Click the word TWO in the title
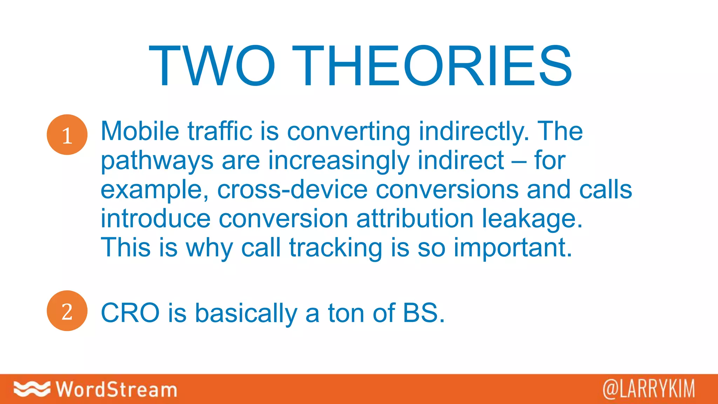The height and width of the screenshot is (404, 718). coord(212,66)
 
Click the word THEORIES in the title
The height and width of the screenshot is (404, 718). coord(432,66)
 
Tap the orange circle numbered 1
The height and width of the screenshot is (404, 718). coord(67,135)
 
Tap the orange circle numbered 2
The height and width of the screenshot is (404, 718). coord(67,311)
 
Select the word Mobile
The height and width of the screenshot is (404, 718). coord(140,131)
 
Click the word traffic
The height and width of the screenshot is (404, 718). coord(220,131)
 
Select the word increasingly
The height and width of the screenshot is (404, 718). coord(339,161)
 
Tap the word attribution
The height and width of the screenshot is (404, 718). coord(415,218)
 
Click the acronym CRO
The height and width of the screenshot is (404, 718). coord(130,313)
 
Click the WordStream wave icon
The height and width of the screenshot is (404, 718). coord(32,389)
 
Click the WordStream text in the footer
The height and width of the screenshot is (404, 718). coord(116,389)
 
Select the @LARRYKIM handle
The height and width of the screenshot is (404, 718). coord(649,389)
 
